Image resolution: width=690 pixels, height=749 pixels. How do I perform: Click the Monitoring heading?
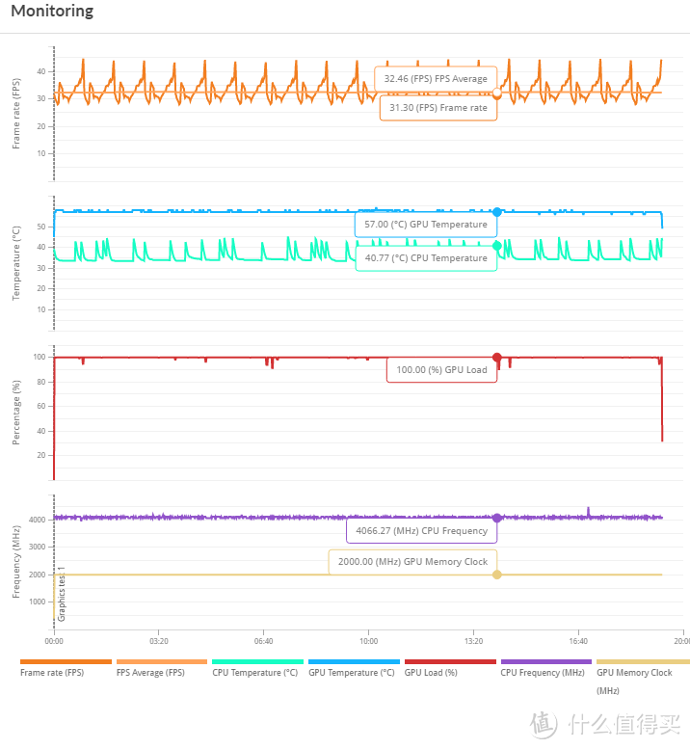coord(52,11)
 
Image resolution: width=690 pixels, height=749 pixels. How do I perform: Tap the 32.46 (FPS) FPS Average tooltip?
coord(436,79)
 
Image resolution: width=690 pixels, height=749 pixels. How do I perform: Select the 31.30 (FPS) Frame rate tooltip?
coord(438,108)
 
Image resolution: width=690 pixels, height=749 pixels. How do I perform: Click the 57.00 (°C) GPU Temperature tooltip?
coord(426,225)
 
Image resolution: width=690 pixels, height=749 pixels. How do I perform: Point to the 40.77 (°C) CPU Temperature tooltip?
coord(426,258)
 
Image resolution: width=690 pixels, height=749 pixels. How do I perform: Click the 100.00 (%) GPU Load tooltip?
coord(441,370)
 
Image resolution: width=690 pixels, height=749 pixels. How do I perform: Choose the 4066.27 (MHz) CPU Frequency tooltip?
coord(422,531)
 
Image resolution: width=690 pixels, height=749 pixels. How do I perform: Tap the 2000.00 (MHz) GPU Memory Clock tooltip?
coord(413,562)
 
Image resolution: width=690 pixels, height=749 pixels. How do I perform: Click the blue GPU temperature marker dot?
coord(497,212)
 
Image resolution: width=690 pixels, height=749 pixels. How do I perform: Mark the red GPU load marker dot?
coord(497,358)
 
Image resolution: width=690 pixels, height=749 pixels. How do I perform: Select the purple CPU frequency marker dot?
coord(497,518)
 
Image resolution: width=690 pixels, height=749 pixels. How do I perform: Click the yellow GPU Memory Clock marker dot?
coord(497,575)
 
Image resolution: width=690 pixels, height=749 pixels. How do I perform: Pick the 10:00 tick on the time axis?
coord(368,641)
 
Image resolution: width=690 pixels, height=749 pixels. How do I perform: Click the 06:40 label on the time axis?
coord(264,641)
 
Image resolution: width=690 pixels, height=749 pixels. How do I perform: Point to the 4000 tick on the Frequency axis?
coord(38,520)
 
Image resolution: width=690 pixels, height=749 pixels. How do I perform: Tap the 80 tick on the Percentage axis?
coord(41,382)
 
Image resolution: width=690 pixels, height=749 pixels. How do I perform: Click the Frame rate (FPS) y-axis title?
coord(16,114)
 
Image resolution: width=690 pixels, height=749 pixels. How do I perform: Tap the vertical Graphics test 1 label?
coord(62,594)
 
